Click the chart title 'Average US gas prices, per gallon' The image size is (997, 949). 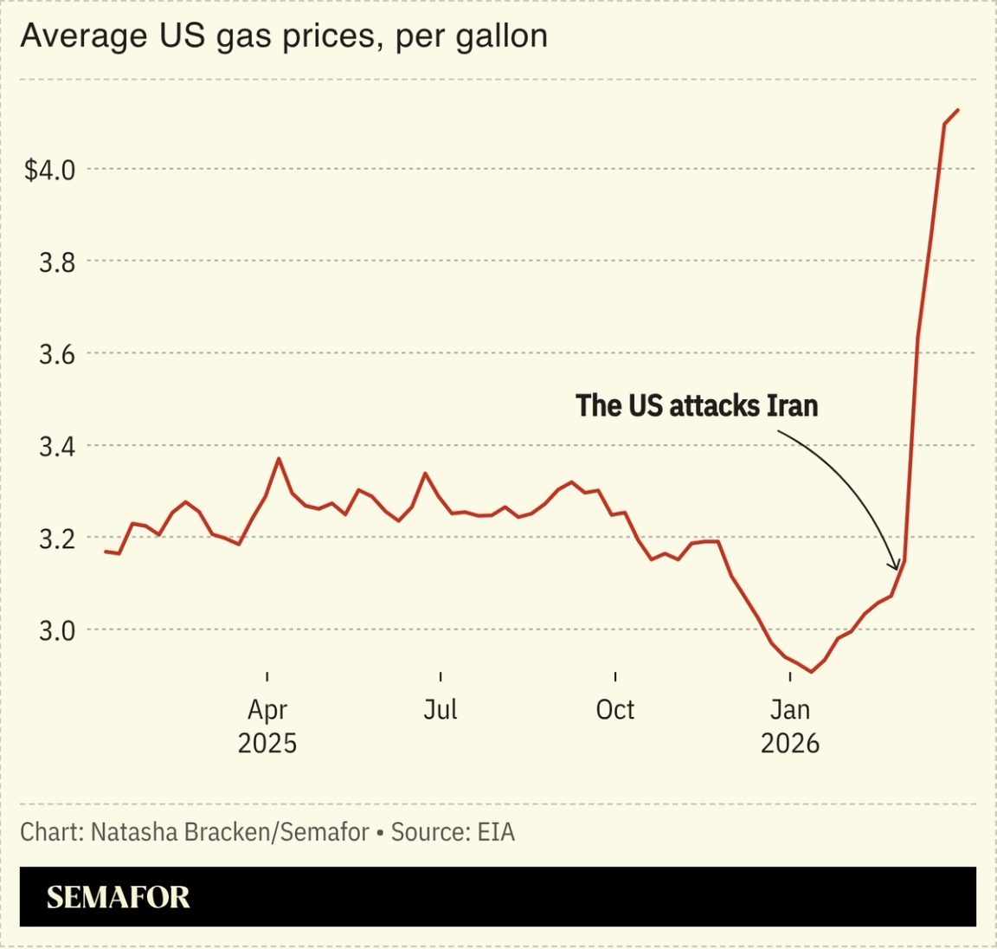click(x=283, y=36)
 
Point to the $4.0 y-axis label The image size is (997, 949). click(x=49, y=170)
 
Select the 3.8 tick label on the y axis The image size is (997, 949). click(x=57, y=261)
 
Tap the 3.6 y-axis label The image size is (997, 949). click(x=57, y=354)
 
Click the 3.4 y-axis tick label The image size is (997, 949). click(x=57, y=447)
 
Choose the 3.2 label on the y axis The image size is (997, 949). click(x=57, y=539)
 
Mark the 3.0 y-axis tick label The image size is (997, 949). click(x=57, y=630)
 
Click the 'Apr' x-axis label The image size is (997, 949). click(x=267, y=710)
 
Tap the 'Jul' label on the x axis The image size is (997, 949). click(x=441, y=710)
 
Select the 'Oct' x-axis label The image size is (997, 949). click(x=615, y=710)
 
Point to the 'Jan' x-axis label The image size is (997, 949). click(x=789, y=710)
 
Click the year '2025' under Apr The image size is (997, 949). click(x=267, y=743)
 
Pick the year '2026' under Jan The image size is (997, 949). click(x=789, y=743)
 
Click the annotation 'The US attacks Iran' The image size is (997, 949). click(x=697, y=405)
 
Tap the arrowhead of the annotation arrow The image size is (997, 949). click(x=896, y=567)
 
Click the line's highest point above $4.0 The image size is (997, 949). click(x=958, y=110)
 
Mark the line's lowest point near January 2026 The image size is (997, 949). click(x=811, y=672)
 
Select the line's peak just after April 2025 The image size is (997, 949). click(x=279, y=458)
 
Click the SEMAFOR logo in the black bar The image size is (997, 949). click(x=118, y=897)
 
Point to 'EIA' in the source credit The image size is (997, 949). click(x=496, y=832)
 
